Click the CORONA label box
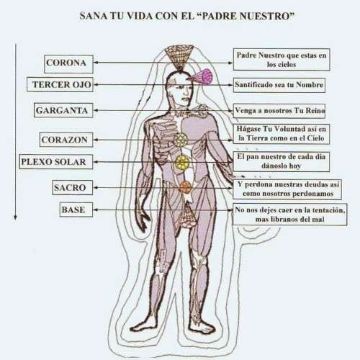pos(68,64)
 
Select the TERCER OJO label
pos(60,84)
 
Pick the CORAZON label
pos(66,140)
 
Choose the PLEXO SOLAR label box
pos(56,162)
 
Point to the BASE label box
pos(76,210)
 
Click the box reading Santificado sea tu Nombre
pos(279,85)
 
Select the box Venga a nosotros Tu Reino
pos(279,111)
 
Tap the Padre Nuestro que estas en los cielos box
pos(282,60)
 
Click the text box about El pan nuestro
pos(282,161)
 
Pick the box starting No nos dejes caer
pos(290,215)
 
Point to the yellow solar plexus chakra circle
pos(181,162)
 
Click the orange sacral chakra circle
pos(185,187)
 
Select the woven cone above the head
pos(179,57)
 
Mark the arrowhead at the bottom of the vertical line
pos(16,217)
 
